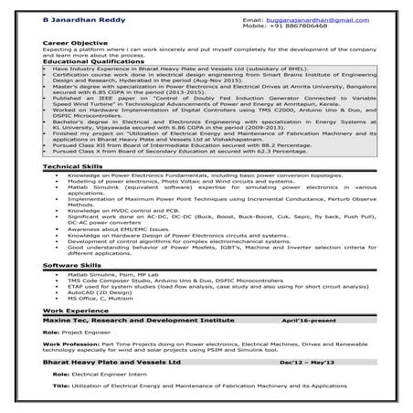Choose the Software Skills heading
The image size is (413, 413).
click(x=70, y=264)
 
